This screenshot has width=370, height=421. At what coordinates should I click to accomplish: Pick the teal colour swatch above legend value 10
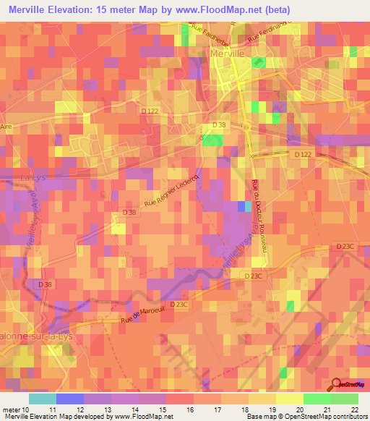[x=43, y=399]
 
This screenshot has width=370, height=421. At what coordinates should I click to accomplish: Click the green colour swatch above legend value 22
[x=345, y=399]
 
